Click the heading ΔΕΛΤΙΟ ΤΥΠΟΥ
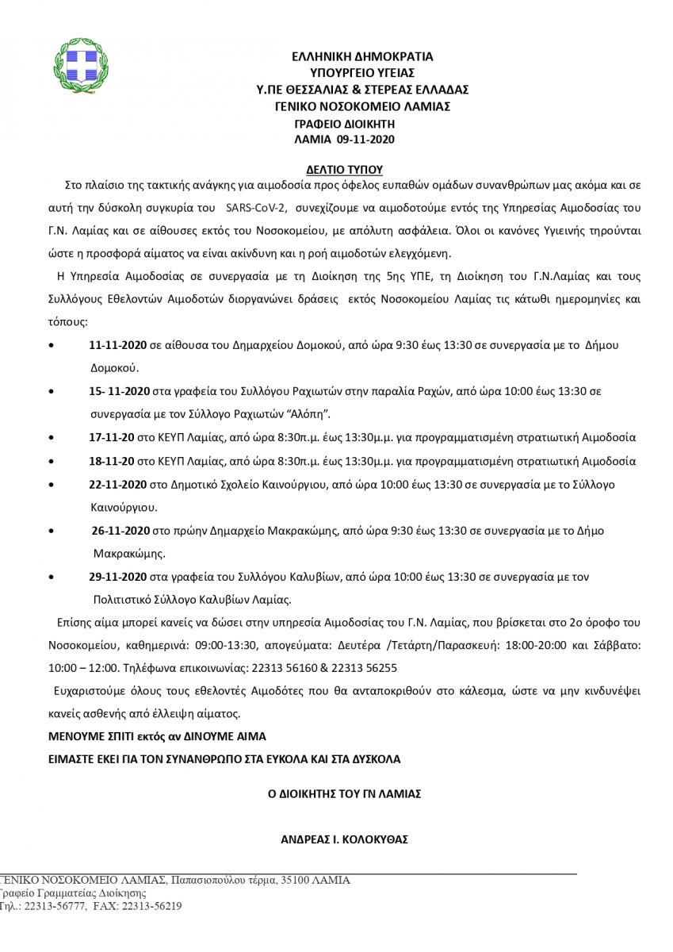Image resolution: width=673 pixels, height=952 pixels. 345,169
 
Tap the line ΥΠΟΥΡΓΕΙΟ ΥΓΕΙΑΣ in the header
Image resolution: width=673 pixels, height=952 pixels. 361,72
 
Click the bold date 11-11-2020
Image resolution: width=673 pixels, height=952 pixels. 118,345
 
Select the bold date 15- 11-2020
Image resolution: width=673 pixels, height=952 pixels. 119,391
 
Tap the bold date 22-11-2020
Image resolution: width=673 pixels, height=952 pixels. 118,483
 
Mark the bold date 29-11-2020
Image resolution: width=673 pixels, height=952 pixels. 118,576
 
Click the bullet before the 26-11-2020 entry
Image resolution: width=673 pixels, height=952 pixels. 52,530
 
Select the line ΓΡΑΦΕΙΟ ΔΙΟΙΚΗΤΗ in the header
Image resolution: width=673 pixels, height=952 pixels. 345,124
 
